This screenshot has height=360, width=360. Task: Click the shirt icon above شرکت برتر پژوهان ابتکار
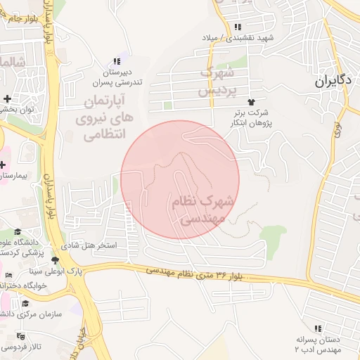pos(250,103)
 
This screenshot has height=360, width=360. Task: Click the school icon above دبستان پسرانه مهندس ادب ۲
pos(318,328)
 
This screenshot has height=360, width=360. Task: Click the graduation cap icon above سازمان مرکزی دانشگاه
pos(26,304)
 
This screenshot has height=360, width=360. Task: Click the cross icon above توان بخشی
pos(6,98)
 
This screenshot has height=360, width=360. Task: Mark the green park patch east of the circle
pos(273,235)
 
